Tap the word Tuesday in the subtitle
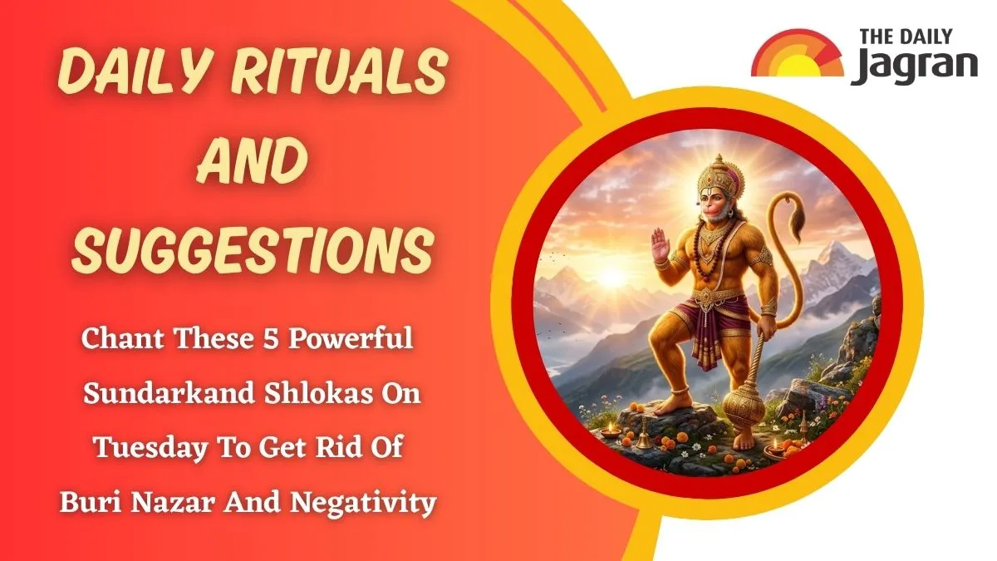[151, 448]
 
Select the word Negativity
[363, 502]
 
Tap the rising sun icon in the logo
[797, 54]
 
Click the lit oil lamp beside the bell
[610, 431]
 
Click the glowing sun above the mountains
[611, 277]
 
